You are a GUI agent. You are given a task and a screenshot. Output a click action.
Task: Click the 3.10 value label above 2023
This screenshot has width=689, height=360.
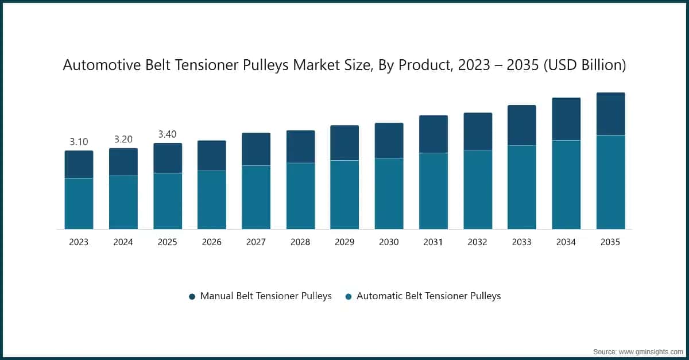click(x=79, y=142)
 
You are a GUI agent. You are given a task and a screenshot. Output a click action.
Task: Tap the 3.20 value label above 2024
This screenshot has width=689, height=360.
click(x=123, y=140)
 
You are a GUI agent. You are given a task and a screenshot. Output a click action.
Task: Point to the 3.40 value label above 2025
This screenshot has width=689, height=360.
click(x=167, y=134)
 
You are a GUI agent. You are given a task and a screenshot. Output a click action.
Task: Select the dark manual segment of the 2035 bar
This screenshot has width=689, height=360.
click(x=610, y=114)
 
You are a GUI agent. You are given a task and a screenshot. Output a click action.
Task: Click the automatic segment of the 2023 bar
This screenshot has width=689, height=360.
click(x=79, y=204)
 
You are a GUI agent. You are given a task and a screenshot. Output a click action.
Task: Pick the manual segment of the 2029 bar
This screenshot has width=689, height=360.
click(x=344, y=143)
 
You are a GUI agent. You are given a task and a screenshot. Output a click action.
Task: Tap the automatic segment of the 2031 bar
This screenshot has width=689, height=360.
click(x=433, y=191)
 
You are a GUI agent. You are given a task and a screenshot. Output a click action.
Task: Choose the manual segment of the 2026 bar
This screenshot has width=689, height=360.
click(x=212, y=156)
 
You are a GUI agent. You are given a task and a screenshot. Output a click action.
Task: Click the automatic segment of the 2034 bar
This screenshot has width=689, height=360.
click(x=566, y=185)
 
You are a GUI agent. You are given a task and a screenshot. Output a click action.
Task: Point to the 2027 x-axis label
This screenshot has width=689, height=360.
click(x=256, y=242)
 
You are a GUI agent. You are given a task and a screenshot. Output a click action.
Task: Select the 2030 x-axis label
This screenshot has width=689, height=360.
click(x=389, y=242)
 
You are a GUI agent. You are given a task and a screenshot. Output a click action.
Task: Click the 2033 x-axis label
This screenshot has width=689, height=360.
click(x=522, y=242)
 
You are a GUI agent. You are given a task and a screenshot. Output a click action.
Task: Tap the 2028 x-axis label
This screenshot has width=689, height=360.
click(x=300, y=242)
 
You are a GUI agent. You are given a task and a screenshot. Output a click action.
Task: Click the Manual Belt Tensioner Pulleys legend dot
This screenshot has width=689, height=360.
click(x=192, y=297)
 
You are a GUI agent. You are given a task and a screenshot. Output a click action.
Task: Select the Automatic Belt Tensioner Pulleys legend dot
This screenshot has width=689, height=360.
click(x=349, y=297)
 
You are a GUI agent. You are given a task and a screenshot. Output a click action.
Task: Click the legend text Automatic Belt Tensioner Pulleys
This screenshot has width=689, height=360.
click(x=429, y=296)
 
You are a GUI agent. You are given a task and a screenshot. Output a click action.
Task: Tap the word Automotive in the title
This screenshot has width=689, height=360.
click(x=102, y=65)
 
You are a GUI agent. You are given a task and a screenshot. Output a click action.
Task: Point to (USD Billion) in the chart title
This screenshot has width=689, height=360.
click(x=585, y=65)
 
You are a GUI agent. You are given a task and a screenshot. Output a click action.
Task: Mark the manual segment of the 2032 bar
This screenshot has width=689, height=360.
click(x=478, y=131)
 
